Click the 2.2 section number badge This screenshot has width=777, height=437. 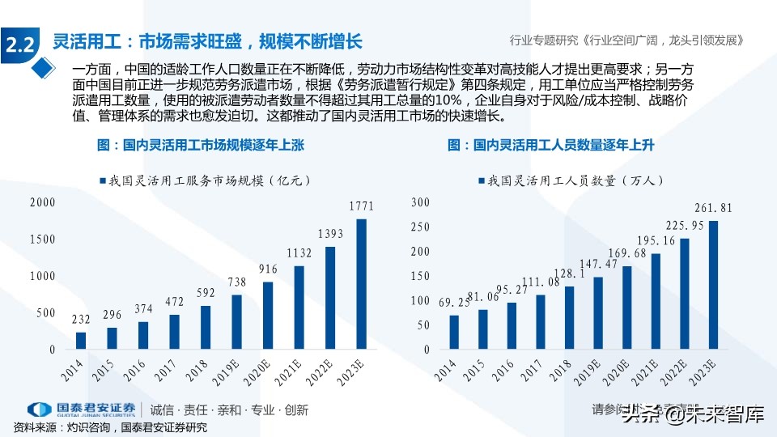pos(19,45)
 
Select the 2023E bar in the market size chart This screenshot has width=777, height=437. pos(361,284)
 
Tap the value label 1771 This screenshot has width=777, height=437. pos(361,207)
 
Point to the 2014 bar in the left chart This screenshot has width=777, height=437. pos(81,341)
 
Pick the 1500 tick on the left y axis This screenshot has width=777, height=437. pos(42,240)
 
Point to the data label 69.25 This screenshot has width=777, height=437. pos(455,302)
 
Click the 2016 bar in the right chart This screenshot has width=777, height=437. pos(512,326)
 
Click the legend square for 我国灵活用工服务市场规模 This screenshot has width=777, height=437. pos(103,180)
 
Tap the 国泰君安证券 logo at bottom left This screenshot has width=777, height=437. pos(81,409)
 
